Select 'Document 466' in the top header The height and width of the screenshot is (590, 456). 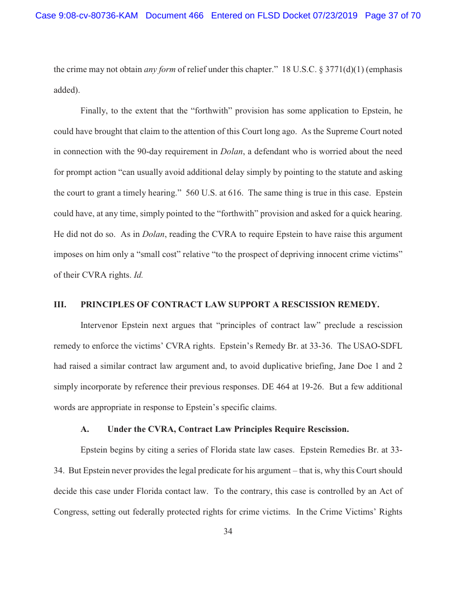tap(174, 16)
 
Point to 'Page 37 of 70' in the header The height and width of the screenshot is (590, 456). tap(392, 16)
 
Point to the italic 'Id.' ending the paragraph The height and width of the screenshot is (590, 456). tap(139, 275)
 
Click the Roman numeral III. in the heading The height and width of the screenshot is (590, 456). tap(60, 304)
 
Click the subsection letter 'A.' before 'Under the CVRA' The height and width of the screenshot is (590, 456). tap(85, 429)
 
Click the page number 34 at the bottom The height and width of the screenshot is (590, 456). tap(228, 531)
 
